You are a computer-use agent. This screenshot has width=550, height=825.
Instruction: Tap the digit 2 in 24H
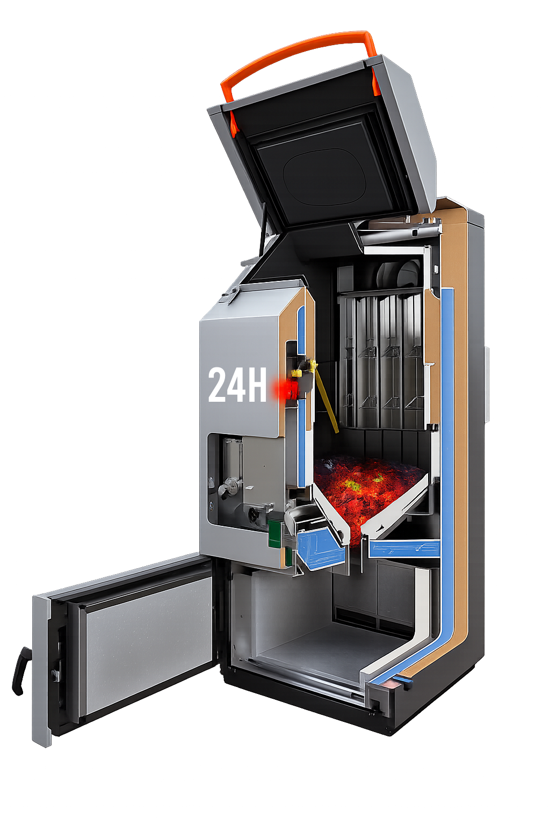click(218, 385)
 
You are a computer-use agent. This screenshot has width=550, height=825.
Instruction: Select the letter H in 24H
click(256, 385)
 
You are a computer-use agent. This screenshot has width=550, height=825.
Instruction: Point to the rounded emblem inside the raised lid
click(324, 177)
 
